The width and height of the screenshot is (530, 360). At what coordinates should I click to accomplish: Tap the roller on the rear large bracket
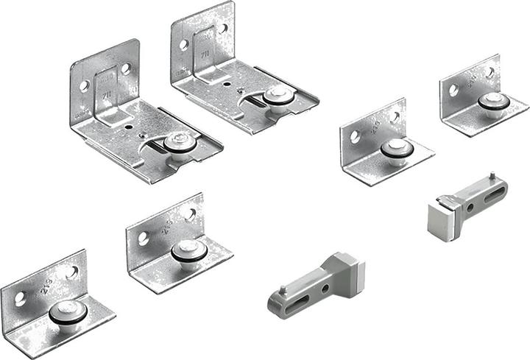coord(276,96)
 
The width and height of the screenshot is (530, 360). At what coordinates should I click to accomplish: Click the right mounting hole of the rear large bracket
coord(223,29)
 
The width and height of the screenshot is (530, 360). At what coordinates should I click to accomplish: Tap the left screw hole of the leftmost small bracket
coord(20,299)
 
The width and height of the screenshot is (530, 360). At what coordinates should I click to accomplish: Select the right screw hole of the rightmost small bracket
coord(490,73)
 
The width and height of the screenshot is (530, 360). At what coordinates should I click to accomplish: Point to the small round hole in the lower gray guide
coord(324,288)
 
